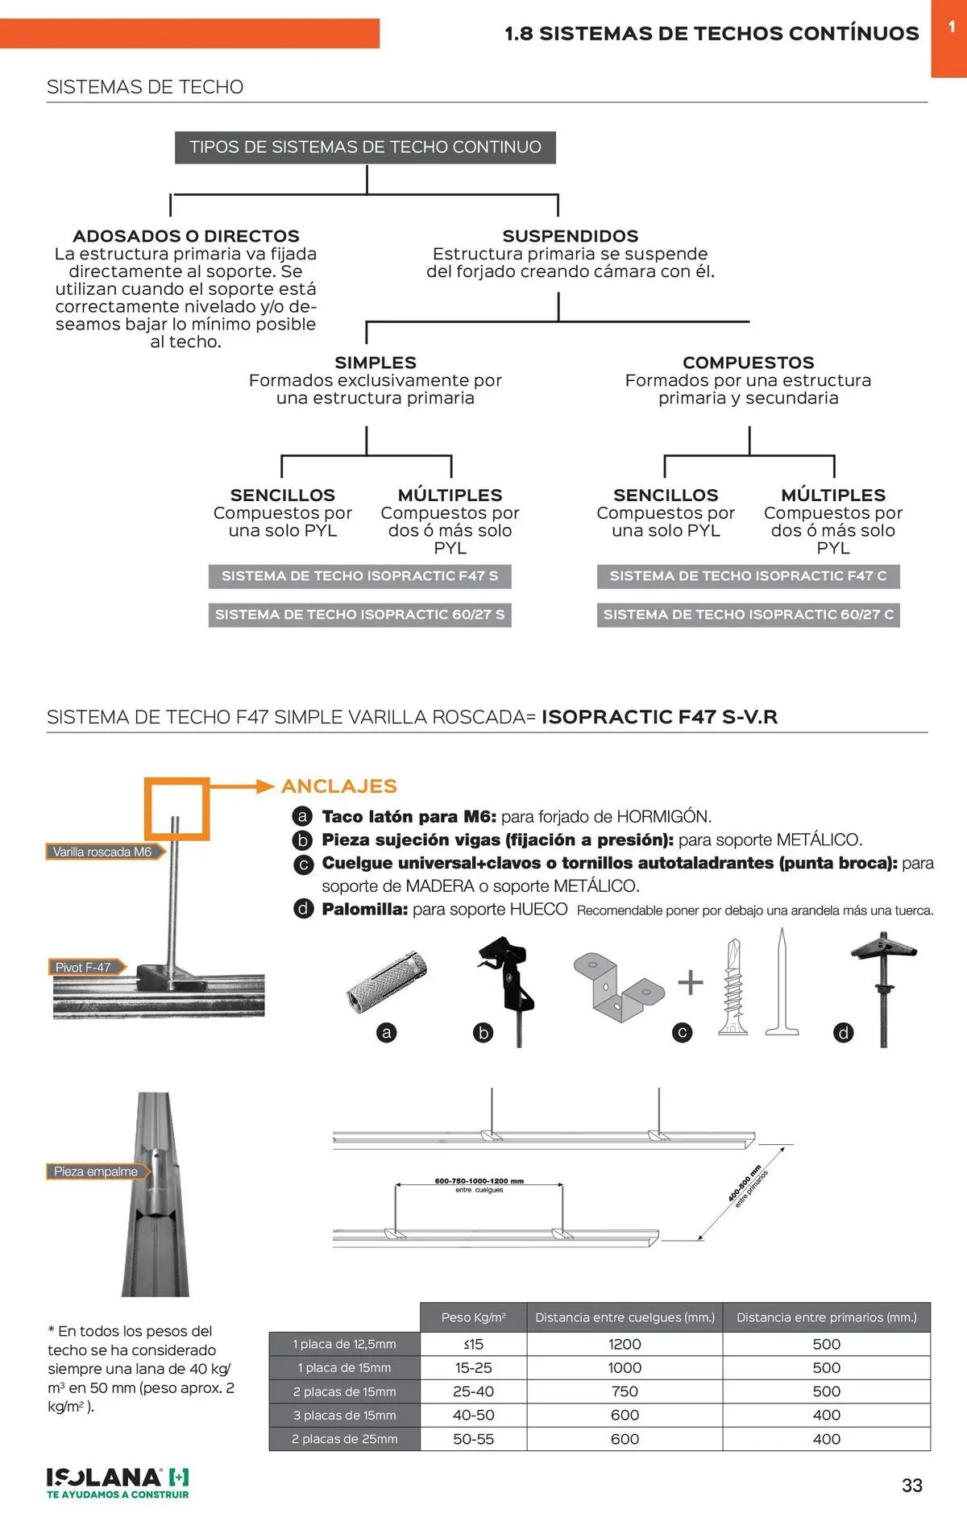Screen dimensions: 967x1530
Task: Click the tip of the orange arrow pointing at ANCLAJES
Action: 275,786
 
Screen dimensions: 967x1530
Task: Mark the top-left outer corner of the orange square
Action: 145,778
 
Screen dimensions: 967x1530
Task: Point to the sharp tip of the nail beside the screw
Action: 781,929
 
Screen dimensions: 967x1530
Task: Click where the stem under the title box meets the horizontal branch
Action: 367,193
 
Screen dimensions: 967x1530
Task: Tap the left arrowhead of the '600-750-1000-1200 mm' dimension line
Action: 396,1186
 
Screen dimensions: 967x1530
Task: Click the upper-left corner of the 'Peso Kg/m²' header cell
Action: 421,1303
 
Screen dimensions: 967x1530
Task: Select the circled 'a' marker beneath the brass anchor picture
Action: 387,1033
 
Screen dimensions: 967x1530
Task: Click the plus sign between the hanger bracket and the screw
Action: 691,982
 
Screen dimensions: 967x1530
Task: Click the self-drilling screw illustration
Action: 733,986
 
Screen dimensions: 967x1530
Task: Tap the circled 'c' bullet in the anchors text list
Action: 303,865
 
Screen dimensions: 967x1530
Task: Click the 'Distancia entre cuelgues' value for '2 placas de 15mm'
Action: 625,1391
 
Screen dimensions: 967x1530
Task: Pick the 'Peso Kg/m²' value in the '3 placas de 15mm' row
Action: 474,1415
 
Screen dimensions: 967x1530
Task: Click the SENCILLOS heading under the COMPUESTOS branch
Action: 666,495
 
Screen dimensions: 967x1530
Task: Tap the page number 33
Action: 912,1486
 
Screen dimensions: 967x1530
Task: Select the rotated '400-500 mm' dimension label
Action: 745,1184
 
